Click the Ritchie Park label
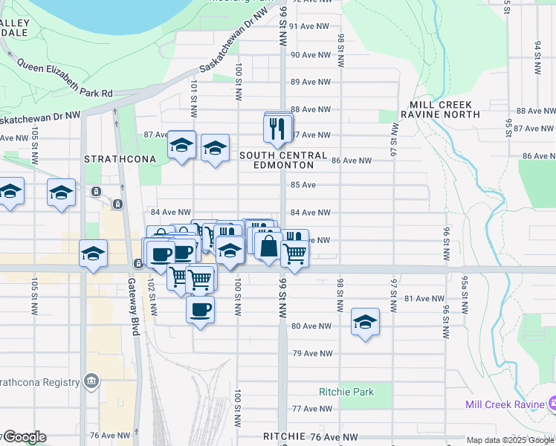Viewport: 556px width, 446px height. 346,392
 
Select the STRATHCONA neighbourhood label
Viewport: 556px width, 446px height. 119,159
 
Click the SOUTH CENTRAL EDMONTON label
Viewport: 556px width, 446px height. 283,160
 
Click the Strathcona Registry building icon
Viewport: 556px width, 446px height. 91,381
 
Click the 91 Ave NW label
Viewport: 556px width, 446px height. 309,26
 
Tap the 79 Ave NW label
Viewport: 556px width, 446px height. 311,353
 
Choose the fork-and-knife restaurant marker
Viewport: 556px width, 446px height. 279,129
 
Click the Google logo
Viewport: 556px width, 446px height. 24,437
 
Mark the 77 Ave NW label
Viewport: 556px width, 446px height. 311,409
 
